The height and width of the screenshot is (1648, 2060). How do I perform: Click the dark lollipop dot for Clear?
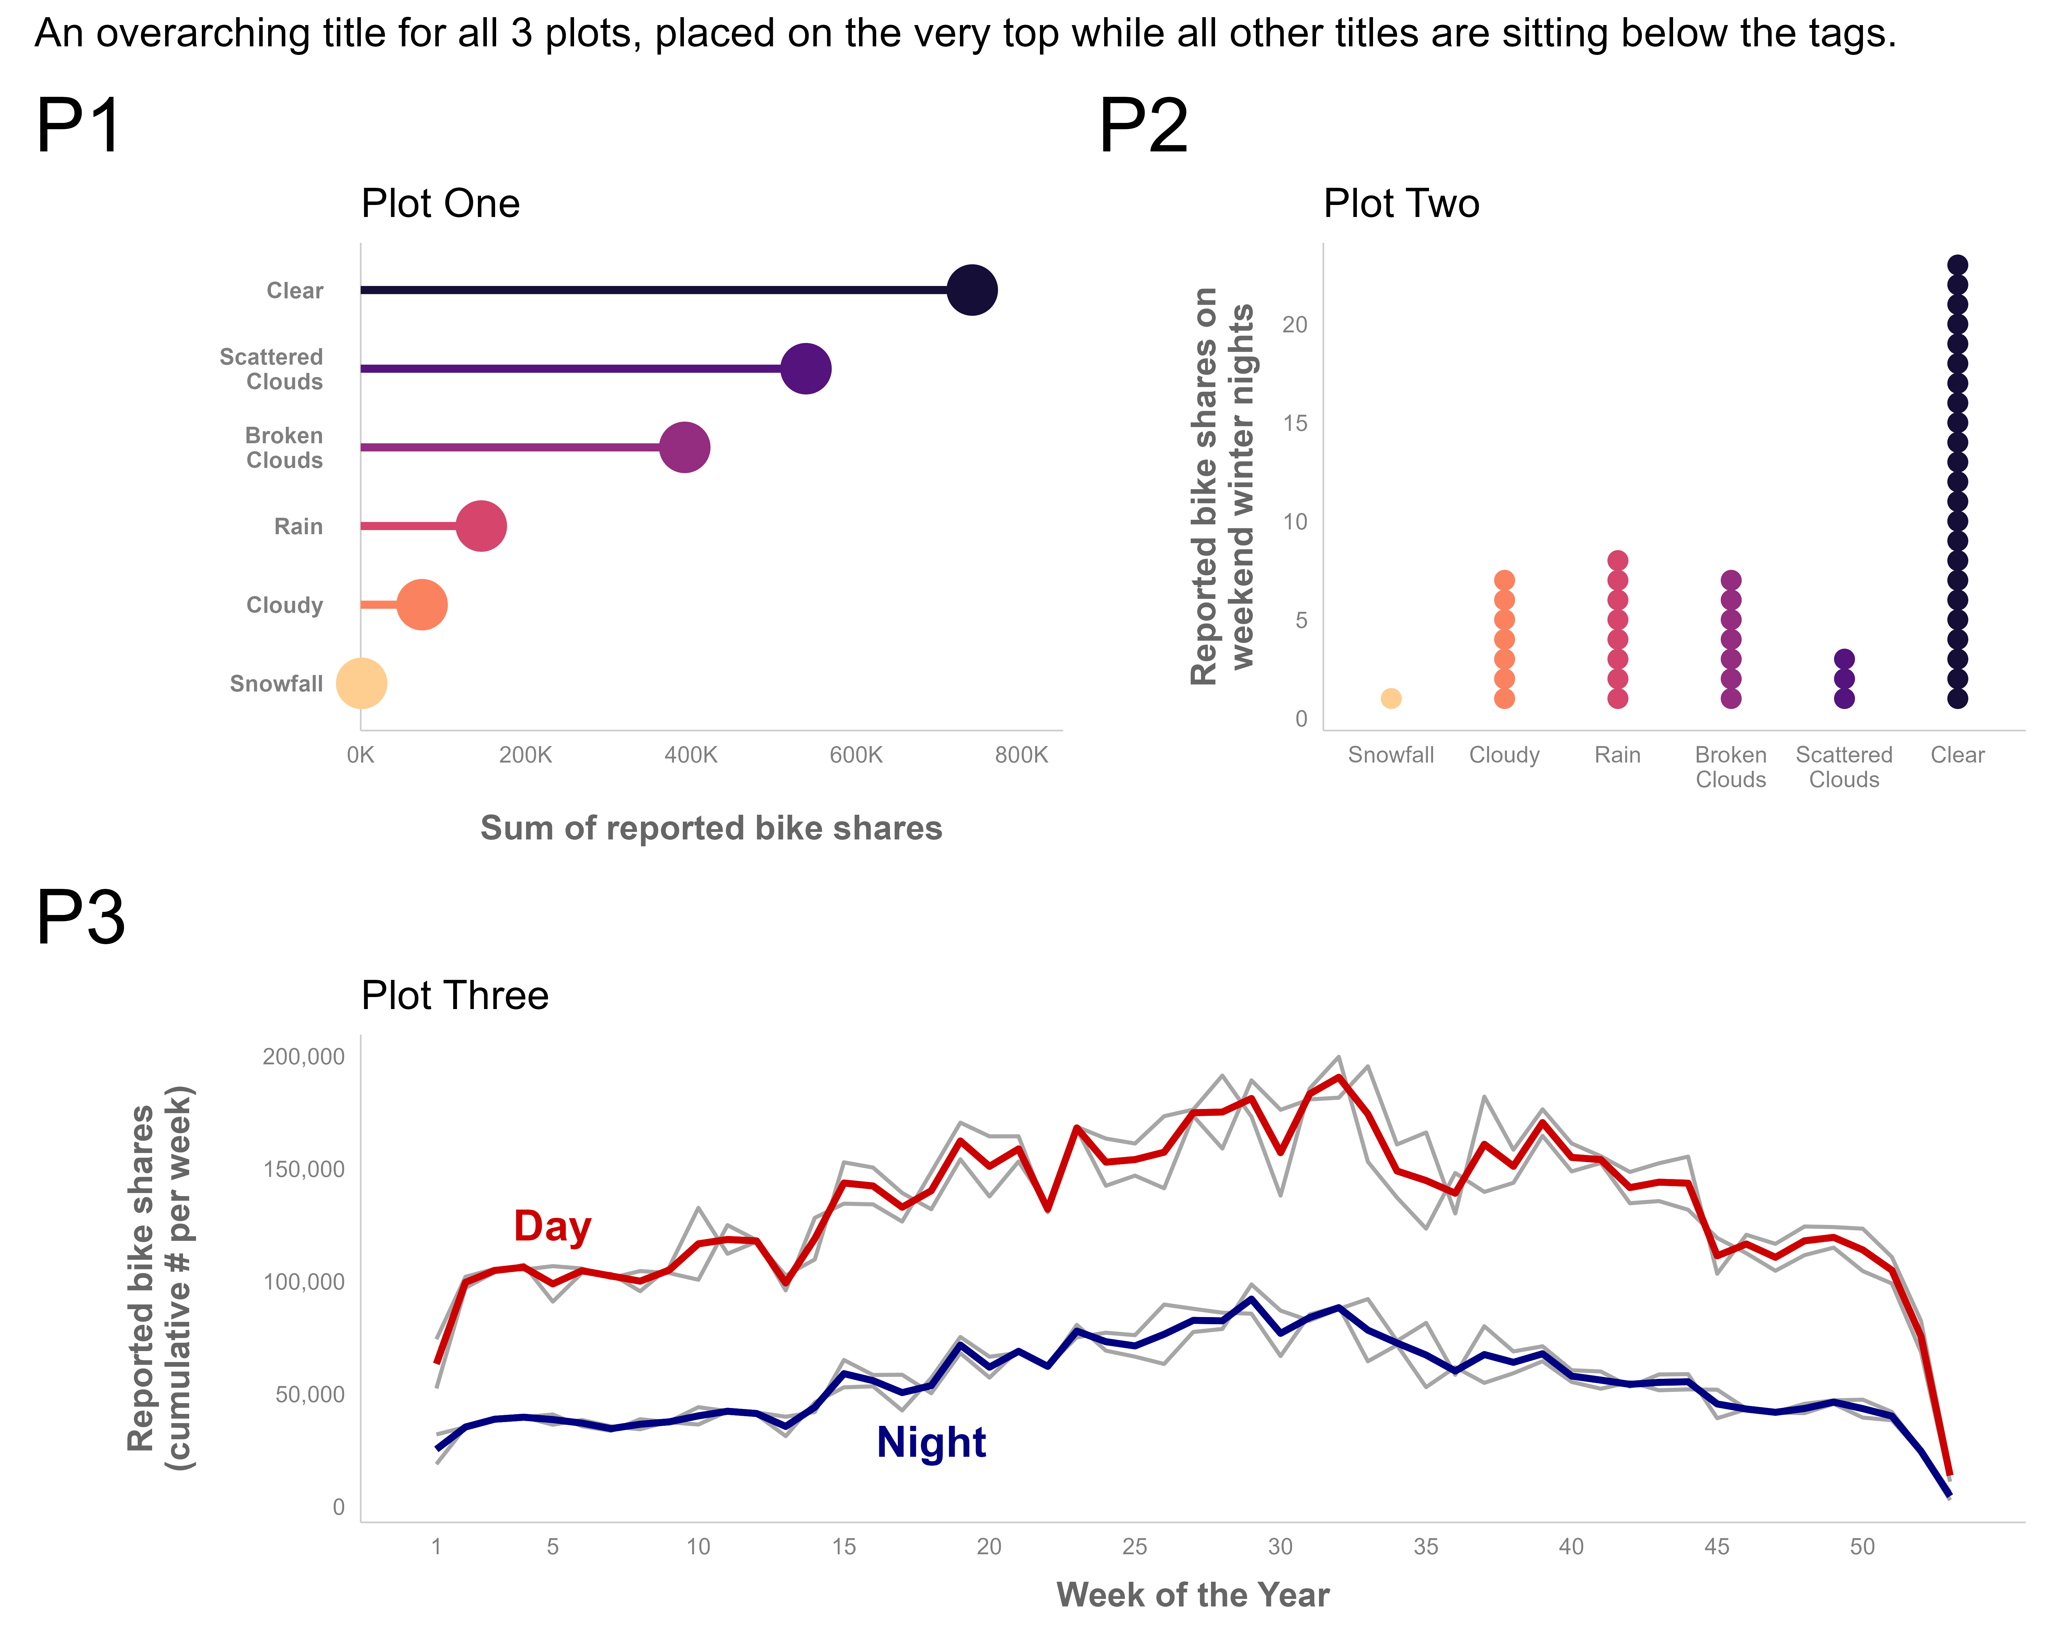pyautogui.click(x=972, y=289)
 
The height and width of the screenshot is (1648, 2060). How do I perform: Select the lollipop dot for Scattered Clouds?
pyautogui.click(x=805, y=369)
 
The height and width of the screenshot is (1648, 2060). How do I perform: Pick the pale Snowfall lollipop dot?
pyautogui.click(x=361, y=683)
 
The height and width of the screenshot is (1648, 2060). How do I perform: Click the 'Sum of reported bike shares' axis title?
pyautogui.click(x=711, y=827)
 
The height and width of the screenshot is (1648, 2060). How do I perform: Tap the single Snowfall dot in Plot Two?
pyautogui.click(x=1391, y=698)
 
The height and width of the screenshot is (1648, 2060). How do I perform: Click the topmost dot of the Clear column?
pyautogui.click(x=1957, y=266)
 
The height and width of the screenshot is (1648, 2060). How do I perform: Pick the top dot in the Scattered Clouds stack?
pyautogui.click(x=1844, y=659)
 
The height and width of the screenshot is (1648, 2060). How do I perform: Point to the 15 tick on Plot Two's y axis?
pyautogui.click(x=1295, y=423)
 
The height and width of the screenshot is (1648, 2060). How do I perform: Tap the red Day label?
pyautogui.click(x=552, y=1227)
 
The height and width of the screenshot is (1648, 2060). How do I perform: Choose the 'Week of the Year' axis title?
pyautogui.click(x=1192, y=1594)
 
